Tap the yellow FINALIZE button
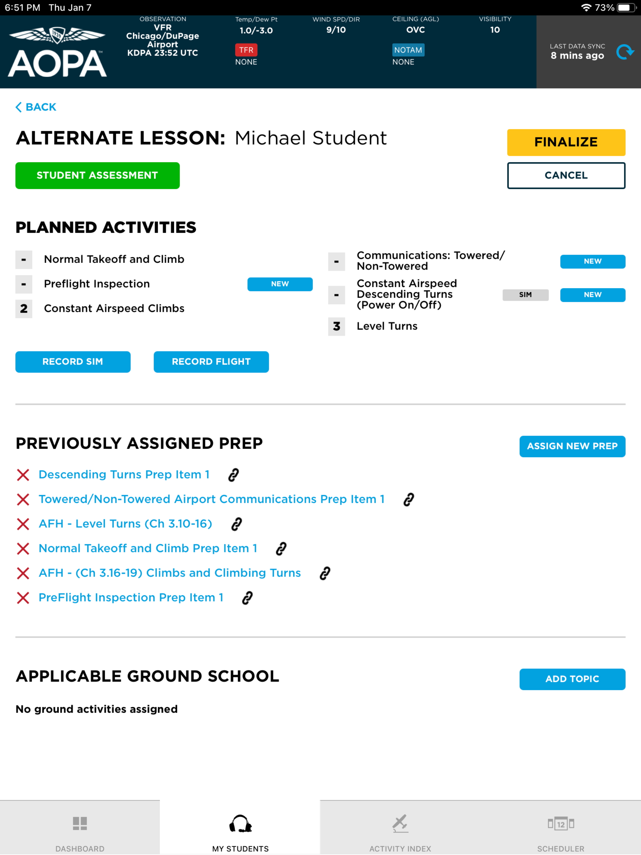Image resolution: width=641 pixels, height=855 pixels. tap(566, 142)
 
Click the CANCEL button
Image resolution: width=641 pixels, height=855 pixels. tap(566, 176)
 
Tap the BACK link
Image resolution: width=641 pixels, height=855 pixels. tap(36, 107)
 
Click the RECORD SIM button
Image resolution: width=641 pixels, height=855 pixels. tap(73, 362)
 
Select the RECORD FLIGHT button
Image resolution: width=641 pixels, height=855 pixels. tap(211, 362)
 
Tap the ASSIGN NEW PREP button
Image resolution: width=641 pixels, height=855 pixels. tap(572, 447)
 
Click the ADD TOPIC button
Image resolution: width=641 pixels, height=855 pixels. tap(572, 679)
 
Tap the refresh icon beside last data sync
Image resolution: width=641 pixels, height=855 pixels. tap(625, 52)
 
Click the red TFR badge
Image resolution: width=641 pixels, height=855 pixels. tap(246, 50)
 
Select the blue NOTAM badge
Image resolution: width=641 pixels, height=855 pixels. tap(408, 50)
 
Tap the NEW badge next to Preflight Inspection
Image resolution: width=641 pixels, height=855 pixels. tap(280, 284)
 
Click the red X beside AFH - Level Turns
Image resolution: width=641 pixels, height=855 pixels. tap(23, 524)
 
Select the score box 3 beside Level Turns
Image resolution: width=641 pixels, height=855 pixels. tap(336, 327)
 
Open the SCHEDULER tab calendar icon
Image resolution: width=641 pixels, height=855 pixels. tap(561, 824)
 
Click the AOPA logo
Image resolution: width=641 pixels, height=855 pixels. tap(57, 52)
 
